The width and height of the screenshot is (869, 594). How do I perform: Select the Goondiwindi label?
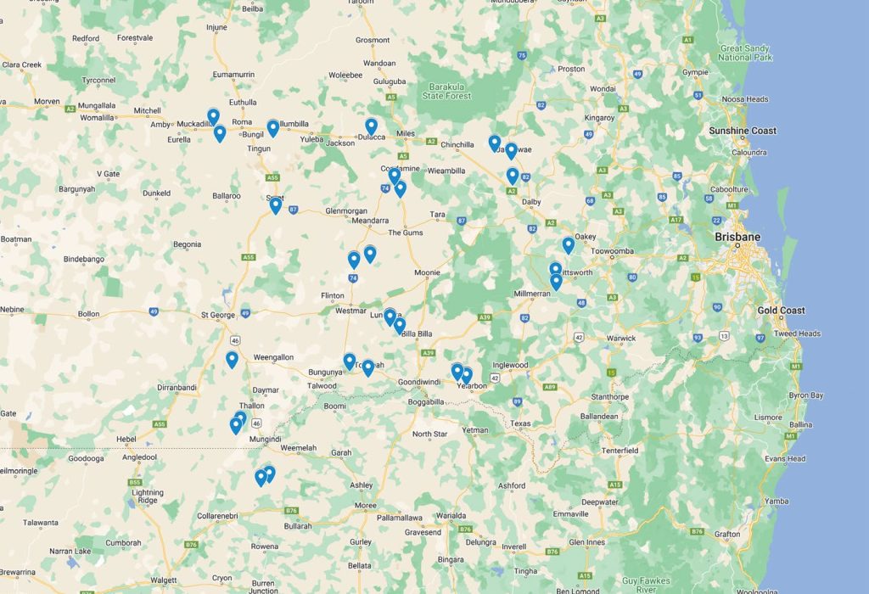click(422, 383)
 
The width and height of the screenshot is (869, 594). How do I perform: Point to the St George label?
click(218, 315)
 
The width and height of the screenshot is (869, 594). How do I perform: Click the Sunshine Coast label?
click(743, 131)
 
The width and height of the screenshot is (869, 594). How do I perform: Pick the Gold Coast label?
click(781, 311)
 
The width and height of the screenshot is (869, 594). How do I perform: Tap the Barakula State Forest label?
click(447, 91)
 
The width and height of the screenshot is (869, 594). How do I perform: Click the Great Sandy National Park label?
click(745, 53)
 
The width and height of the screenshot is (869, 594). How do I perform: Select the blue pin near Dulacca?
click(371, 126)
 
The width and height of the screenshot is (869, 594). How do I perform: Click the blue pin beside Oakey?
click(569, 244)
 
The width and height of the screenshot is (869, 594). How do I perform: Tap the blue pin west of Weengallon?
click(232, 359)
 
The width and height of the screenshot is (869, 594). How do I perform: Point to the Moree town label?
click(366, 506)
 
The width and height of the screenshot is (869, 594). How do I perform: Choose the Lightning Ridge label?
click(148, 496)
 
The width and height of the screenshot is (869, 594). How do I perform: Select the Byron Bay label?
click(805, 395)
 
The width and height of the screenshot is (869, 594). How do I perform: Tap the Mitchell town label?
click(147, 110)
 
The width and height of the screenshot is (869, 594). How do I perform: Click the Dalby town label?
click(531, 202)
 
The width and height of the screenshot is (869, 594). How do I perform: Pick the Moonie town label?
click(427, 272)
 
